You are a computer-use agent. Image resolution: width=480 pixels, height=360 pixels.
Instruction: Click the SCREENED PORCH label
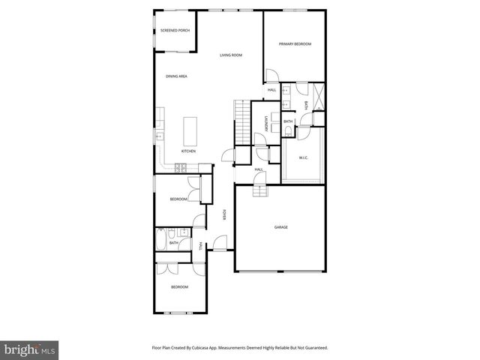click(175, 31)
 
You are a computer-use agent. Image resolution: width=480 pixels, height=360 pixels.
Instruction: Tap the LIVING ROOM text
click(230, 55)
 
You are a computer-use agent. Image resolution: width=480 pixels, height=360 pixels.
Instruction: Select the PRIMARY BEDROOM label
click(295, 44)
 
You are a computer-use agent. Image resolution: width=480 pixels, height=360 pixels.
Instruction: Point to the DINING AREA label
click(176, 76)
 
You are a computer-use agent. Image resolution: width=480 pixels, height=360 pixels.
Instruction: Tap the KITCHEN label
click(188, 151)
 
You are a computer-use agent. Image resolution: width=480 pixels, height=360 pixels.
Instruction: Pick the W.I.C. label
click(304, 157)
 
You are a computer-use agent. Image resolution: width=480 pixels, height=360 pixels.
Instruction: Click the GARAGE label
click(281, 226)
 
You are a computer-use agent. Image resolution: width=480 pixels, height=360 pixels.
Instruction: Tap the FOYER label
click(224, 215)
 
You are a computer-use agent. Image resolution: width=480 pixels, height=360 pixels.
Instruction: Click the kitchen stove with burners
click(180, 169)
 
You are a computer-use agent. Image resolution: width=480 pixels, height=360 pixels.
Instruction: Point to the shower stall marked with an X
click(318, 96)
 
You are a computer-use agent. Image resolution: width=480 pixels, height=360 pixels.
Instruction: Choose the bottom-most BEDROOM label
click(178, 287)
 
